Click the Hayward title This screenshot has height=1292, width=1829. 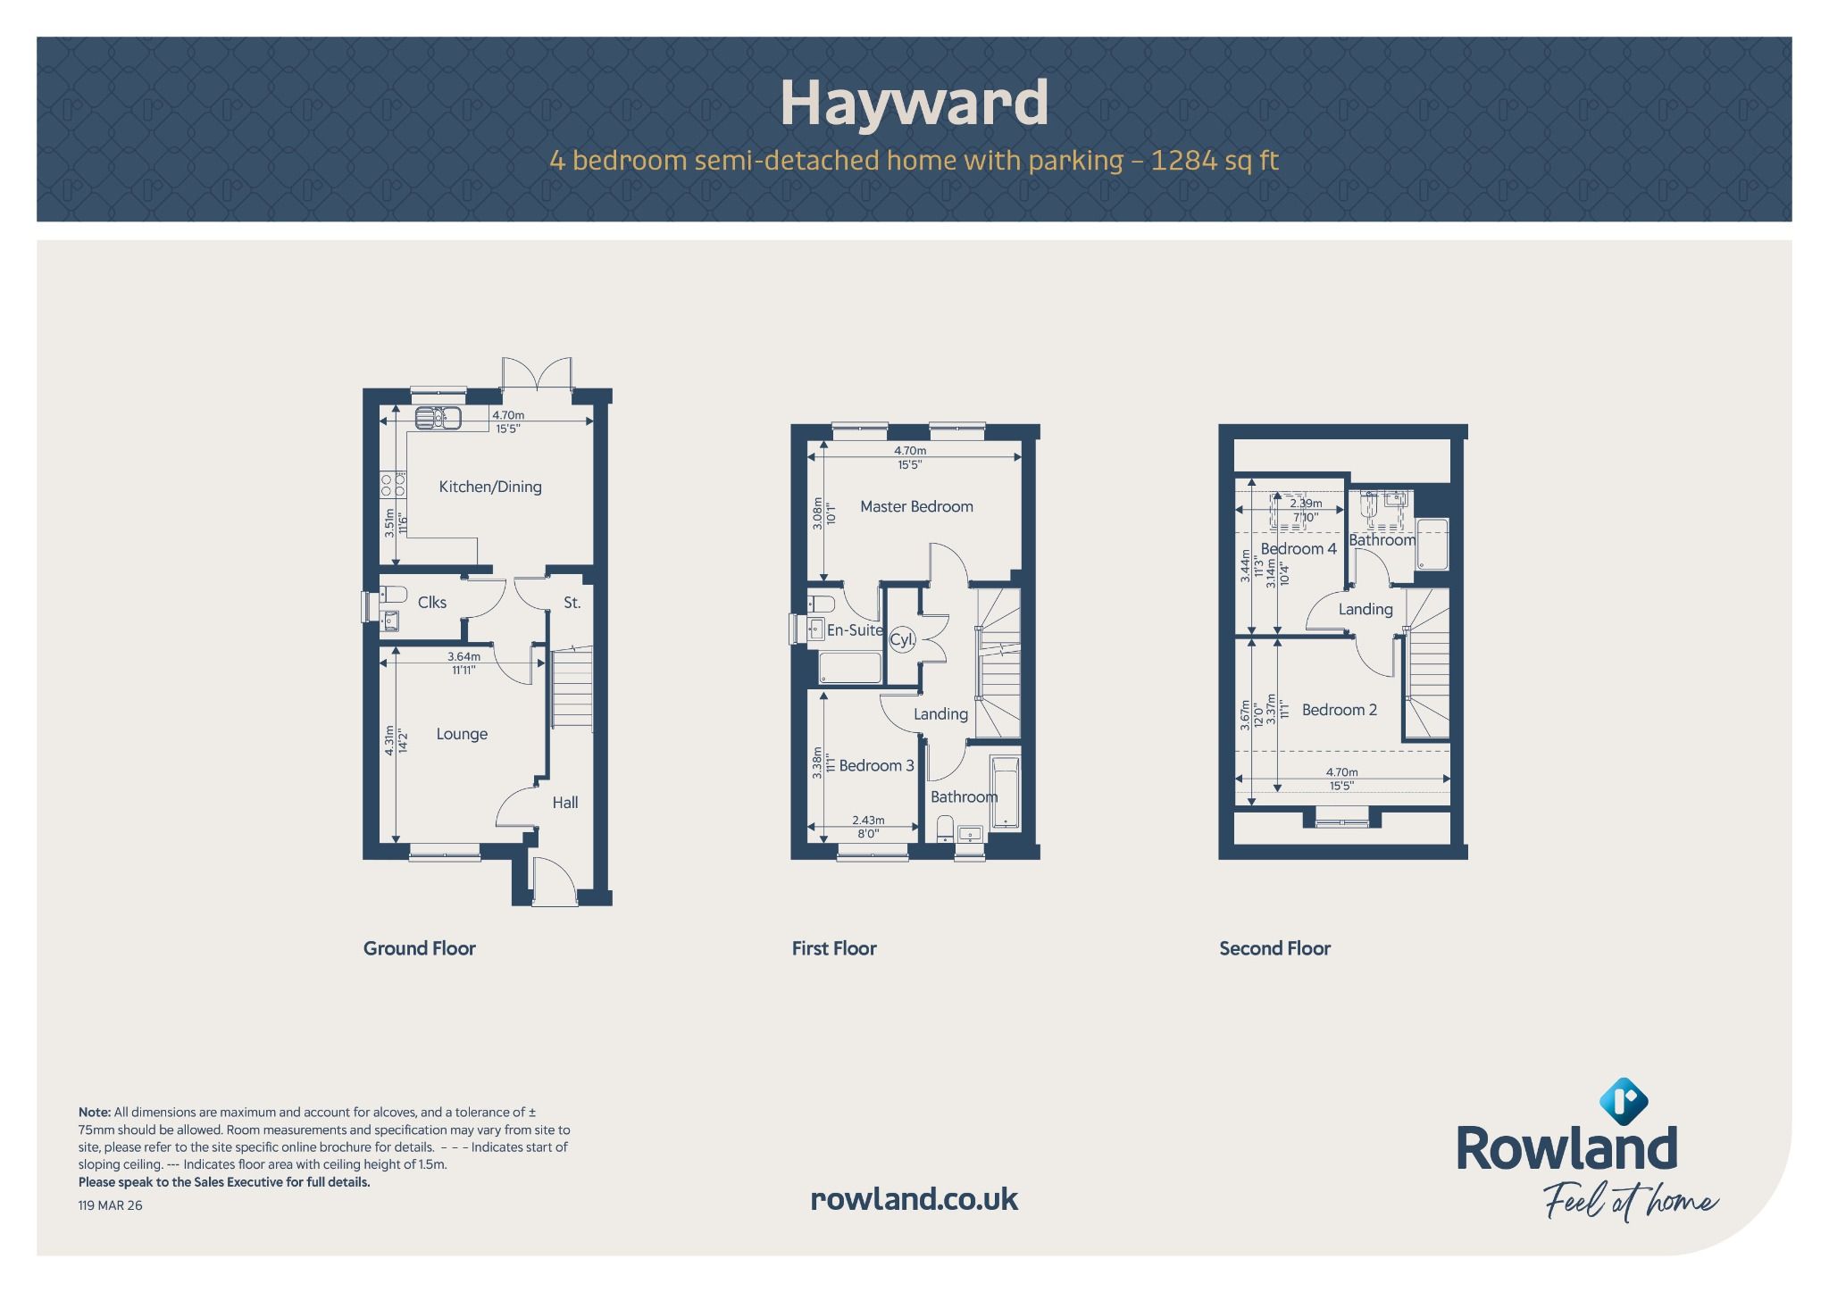pos(914,104)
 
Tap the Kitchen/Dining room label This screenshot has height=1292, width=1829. pos(490,487)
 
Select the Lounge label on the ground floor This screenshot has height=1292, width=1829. pos(462,734)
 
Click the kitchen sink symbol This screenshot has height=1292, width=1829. pos(438,417)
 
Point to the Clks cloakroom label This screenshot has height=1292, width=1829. pos(432,603)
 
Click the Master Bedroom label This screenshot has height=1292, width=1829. pos(916,506)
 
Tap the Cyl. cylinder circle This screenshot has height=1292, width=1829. pos(902,639)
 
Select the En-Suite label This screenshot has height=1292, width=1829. pos(855,630)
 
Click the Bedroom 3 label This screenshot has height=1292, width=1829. pos(876,765)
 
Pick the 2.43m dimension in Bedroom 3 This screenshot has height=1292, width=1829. pos(868,820)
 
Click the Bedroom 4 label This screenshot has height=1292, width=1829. pos(1299,548)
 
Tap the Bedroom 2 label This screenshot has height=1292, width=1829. pos(1339,710)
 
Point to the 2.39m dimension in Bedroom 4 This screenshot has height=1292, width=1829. pos(1306,504)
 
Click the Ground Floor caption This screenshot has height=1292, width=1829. pos(420,948)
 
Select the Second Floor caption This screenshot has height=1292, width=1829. pos(1274,948)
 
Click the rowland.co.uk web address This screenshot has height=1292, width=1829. pos(914,1198)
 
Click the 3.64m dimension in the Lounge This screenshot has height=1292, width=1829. pos(464,657)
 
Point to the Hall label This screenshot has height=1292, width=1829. pos(564,803)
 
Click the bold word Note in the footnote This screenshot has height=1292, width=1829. pos(95,1113)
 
